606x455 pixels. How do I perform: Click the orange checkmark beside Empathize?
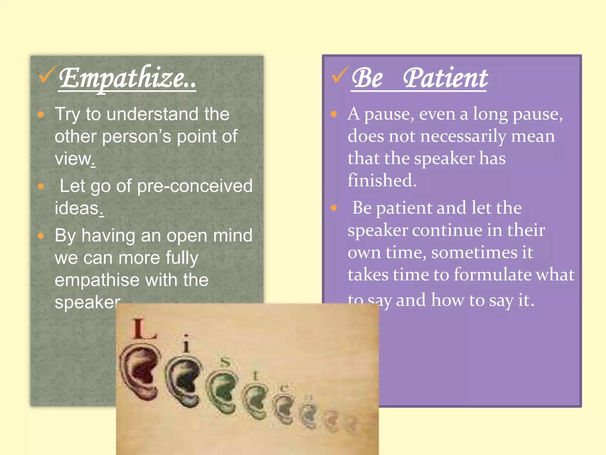pos(46,75)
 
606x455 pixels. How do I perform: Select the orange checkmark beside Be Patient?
pos(340,75)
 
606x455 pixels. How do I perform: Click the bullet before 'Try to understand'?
pos(41,115)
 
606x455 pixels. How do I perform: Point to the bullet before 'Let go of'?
pos(41,186)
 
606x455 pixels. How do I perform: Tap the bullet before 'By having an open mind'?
pos(41,236)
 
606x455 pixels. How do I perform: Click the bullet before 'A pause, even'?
pos(333,114)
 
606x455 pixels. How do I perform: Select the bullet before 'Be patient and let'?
pos(333,208)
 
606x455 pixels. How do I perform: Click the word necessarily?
pos(463,137)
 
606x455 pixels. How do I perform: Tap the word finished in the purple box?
pos(382,181)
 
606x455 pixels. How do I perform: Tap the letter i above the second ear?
pos(186,344)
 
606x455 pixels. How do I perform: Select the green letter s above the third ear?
pos(225,362)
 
